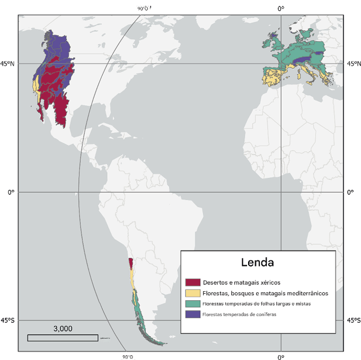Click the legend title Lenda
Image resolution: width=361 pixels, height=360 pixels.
pyautogui.click(x=257, y=262)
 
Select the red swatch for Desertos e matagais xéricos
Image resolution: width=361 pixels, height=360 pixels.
pyautogui.click(x=192, y=282)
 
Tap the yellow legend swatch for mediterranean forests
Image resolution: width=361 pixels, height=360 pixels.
pyautogui.click(x=192, y=293)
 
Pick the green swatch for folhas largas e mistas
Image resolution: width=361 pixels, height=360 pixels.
pyautogui.click(x=192, y=304)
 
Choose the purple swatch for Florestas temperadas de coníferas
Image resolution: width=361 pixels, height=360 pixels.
pyautogui.click(x=192, y=314)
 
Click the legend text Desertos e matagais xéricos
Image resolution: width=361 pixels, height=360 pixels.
pyautogui.click(x=241, y=282)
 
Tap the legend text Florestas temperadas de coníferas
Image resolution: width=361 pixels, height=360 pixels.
pyautogui.click(x=243, y=314)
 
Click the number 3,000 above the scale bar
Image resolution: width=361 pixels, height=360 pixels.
pyautogui.click(x=63, y=328)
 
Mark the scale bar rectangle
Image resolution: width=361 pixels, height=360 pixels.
pyautogui.click(x=63, y=338)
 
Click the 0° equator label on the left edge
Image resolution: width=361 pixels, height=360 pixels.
pyautogui.click(x=10, y=192)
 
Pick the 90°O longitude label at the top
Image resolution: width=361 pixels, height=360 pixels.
pyautogui.click(x=144, y=8)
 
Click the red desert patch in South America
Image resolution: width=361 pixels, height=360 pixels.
pyautogui.click(x=131, y=264)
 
